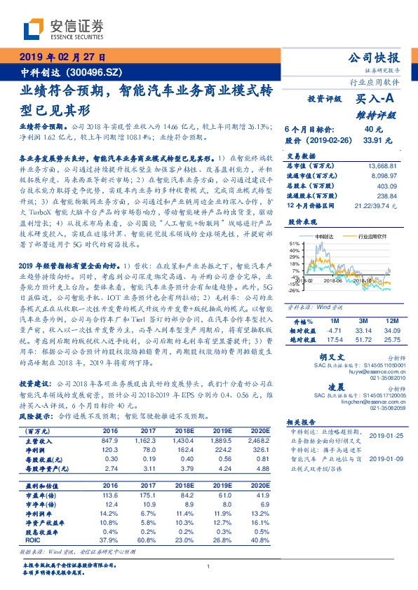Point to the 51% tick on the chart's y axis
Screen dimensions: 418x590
[295, 245]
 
